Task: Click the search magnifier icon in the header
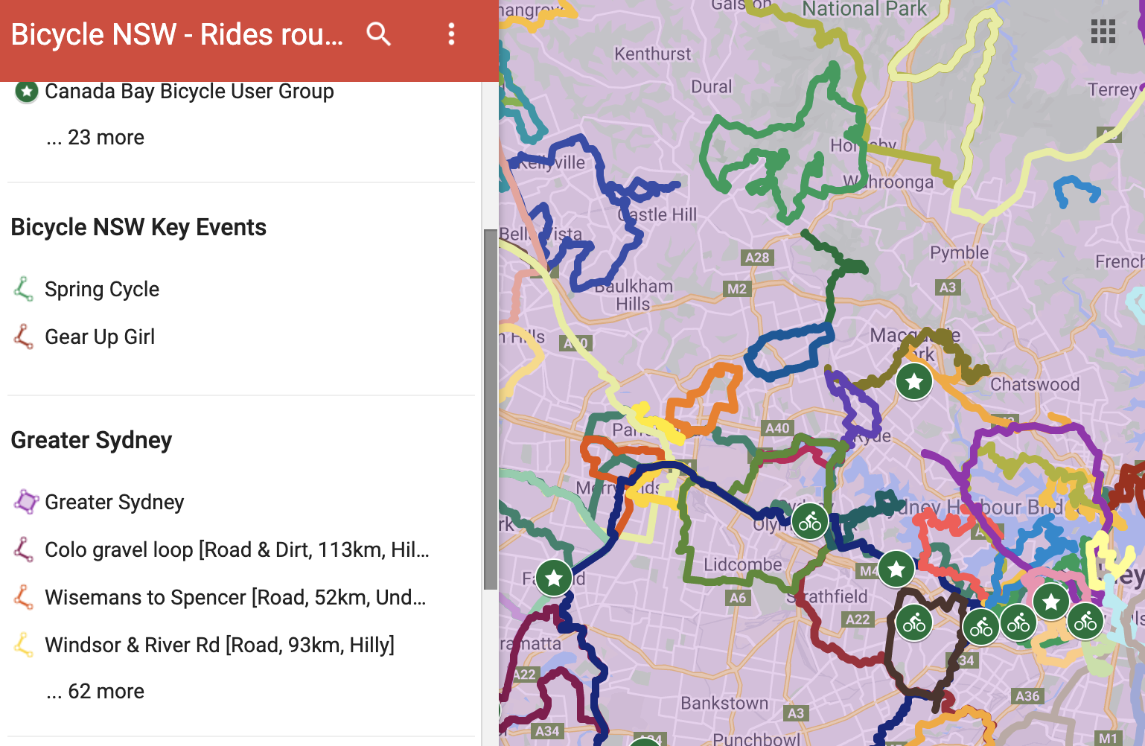point(378,34)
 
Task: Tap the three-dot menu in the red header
point(451,34)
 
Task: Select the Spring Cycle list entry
point(102,289)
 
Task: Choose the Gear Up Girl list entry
point(100,337)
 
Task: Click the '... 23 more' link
point(95,138)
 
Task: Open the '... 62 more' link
point(95,692)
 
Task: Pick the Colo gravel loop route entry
point(237,549)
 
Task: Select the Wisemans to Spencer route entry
point(235,597)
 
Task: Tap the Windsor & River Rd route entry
point(220,645)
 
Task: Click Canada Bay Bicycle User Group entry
point(189,92)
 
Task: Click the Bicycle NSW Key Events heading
point(138,227)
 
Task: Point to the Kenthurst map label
point(652,54)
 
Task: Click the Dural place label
point(712,86)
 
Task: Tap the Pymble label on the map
point(959,252)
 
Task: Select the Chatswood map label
point(1034,384)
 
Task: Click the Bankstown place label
point(724,703)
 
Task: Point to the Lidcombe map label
point(742,564)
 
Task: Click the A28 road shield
point(757,258)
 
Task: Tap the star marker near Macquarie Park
point(914,381)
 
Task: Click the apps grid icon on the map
point(1103,32)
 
